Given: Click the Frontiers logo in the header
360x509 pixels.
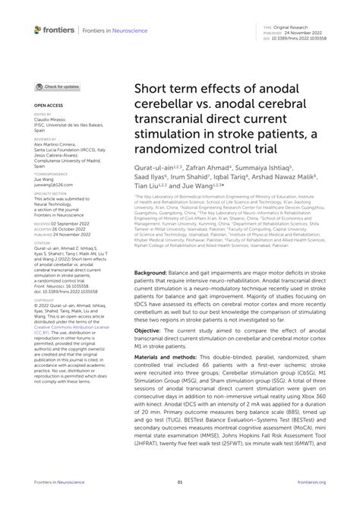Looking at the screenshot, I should point(52,30).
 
